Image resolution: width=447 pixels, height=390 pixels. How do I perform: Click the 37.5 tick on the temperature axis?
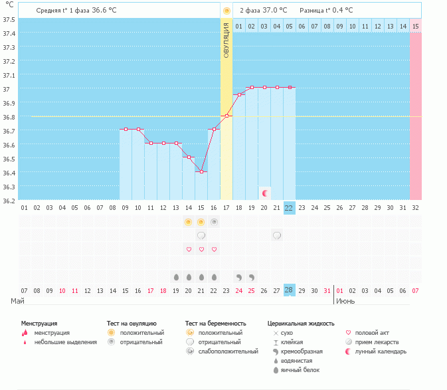10,19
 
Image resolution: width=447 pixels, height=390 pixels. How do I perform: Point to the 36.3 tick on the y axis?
10,187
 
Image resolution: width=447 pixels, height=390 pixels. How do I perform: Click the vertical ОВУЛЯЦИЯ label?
226,40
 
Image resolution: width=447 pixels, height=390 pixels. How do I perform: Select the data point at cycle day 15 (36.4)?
201,171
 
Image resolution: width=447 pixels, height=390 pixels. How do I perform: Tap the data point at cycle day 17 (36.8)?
226,116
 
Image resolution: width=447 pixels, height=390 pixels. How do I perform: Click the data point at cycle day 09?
126,129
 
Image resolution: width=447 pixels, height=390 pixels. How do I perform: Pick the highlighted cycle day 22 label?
289,208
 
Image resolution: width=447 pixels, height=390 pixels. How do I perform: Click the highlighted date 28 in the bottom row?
289,290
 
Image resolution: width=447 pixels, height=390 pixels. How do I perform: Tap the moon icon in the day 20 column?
265,193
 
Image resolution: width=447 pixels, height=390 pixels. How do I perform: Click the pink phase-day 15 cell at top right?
415,26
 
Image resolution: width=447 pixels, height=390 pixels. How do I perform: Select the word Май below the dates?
19,301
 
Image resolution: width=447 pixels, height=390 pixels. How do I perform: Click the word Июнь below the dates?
345,301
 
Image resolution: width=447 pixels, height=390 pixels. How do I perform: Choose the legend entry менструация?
52,332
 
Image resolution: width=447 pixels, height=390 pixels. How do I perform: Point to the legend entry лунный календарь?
381,351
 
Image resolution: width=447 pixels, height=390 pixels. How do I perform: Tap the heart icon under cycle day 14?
189,249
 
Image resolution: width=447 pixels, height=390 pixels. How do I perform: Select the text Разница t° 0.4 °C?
326,11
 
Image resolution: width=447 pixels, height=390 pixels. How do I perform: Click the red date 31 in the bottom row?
327,290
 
